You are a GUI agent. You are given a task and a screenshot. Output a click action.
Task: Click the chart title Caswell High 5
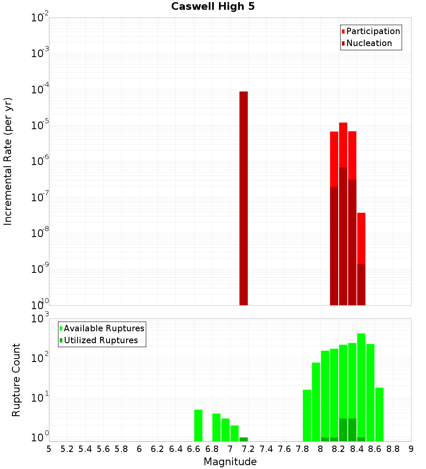(213, 7)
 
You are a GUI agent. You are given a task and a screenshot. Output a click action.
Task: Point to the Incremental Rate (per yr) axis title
(8, 162)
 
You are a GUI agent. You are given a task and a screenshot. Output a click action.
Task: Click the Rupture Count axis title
(16, 380)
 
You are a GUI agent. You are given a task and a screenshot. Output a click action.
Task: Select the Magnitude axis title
(230, 462)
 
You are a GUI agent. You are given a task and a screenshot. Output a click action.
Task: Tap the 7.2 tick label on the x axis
(248, 449)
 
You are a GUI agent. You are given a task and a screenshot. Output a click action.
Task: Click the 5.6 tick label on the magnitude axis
(103, 449)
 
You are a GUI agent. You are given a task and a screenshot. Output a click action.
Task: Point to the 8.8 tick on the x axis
(393, 449)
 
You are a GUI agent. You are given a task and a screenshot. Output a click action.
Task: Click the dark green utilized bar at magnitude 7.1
(243, 439)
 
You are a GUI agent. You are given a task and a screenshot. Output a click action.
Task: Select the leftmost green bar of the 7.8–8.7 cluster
(307, 415)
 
